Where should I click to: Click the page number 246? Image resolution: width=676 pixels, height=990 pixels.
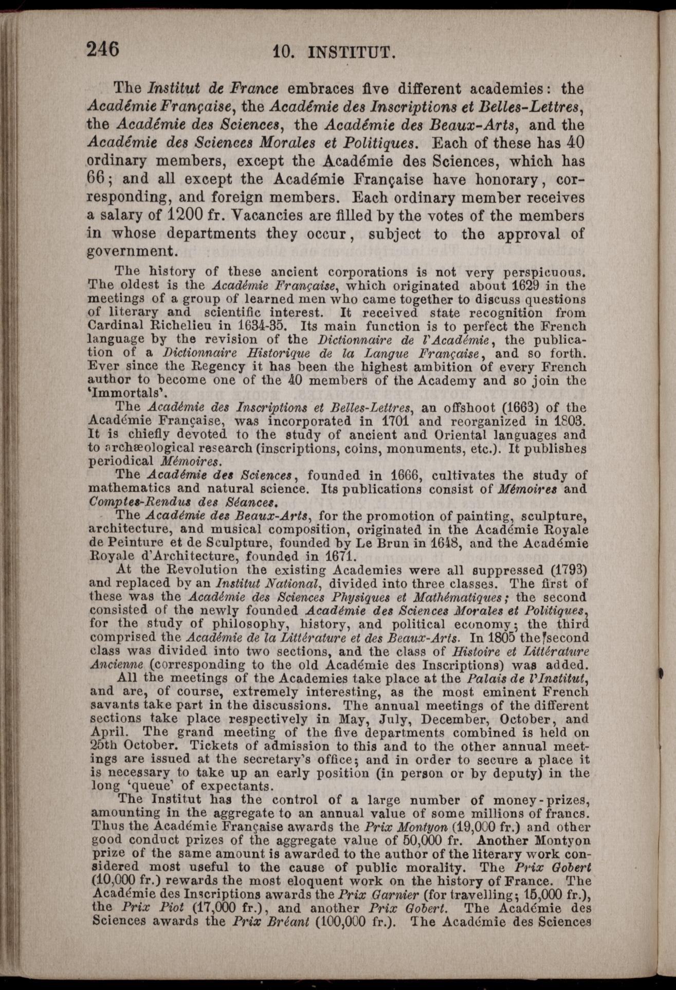tap(103, 50)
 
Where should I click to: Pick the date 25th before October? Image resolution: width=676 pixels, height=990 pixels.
tap(106, 745)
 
